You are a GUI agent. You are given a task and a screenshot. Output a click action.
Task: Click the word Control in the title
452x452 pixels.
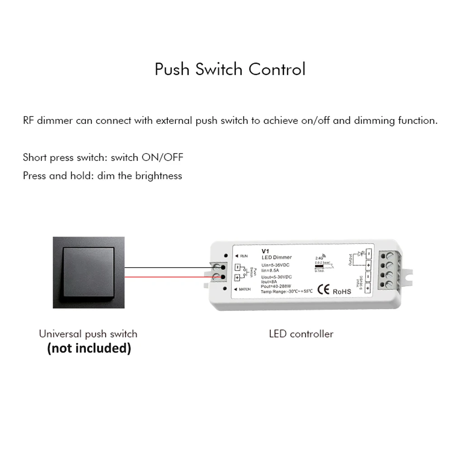[277, 70]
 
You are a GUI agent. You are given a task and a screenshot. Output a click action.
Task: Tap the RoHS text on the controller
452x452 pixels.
[342, 292]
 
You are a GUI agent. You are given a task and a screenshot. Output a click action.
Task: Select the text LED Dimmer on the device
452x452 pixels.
[277, 257]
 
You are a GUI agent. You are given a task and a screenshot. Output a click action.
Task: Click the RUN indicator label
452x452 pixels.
[244, 256]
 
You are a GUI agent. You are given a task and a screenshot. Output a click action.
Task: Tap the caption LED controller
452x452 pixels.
[301, 334]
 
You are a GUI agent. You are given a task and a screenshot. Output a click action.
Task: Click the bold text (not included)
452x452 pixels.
[89, 348]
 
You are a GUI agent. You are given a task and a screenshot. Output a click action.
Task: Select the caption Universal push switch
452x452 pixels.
[88, 334]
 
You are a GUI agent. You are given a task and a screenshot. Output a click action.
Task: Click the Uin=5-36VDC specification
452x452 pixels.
[275, 265]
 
